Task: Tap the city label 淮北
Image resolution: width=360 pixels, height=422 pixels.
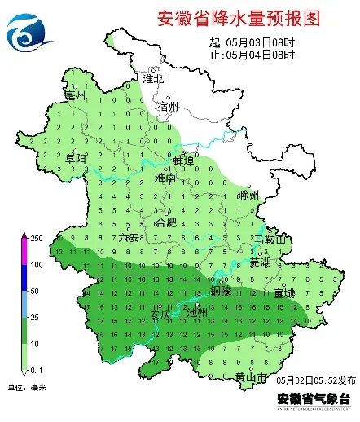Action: [x=153, y=80]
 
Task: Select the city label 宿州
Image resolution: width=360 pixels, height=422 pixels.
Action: [x=169, y=107]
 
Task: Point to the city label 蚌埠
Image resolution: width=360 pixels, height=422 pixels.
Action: [x=182, y=160]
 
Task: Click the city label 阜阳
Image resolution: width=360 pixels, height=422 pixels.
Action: [x=76, y=157]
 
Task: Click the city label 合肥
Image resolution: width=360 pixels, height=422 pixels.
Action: [x=165, y=222]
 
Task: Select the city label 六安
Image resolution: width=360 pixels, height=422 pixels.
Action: [x=129, y=237]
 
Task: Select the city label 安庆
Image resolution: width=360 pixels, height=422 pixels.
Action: [x=161, y=313]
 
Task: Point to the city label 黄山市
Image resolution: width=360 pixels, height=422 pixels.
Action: [x=251, y=376]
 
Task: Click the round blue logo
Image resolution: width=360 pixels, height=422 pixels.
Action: [x=30, y=31]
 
